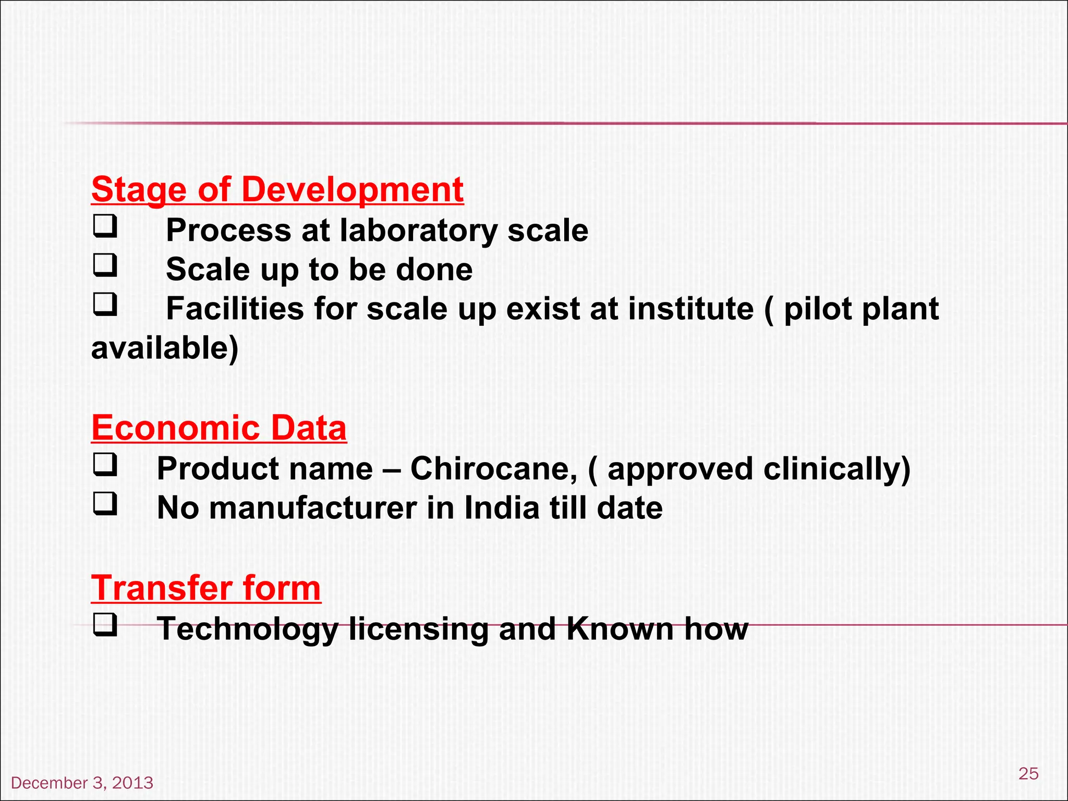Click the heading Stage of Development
[x=277, y=189]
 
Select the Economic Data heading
[x=219, y=428]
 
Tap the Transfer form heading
[x=206, y=588]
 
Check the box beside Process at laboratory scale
[x=105, y=227]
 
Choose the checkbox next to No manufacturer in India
[x=105, y=504]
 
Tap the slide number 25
[x=1028, y=773]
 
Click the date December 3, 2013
[x=82, y=783]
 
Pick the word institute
[x=691, y=309]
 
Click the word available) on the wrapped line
[x=165, y=348]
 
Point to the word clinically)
[x=837, y=468]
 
